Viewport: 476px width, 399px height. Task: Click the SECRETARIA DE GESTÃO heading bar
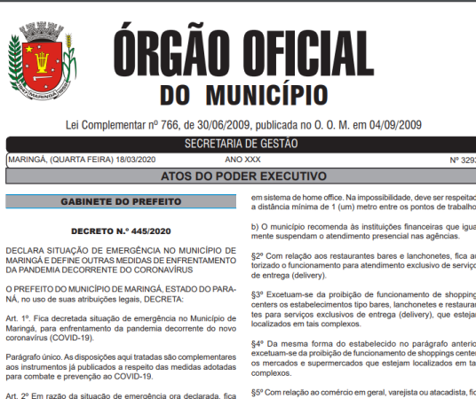[x=241, y=144]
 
